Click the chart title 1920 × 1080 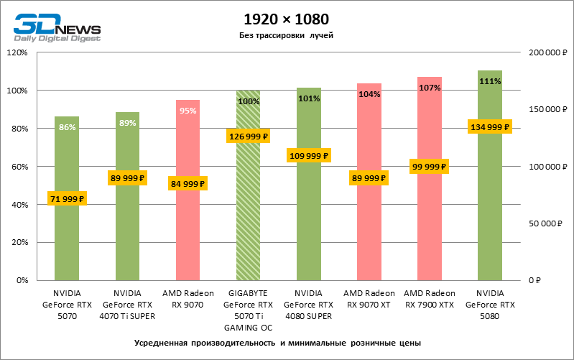(287, 19)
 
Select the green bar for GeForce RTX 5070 (67, 237)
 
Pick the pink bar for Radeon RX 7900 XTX (430, 230)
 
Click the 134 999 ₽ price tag (490, 127)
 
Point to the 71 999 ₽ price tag (67, 199)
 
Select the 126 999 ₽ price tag (249, 136)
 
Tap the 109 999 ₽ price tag (309, 155)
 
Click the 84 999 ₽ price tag (188, 184)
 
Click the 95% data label (188, 111)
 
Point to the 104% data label (369, 94)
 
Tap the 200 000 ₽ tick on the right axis (547, 52)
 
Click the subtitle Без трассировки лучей (287, 35)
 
